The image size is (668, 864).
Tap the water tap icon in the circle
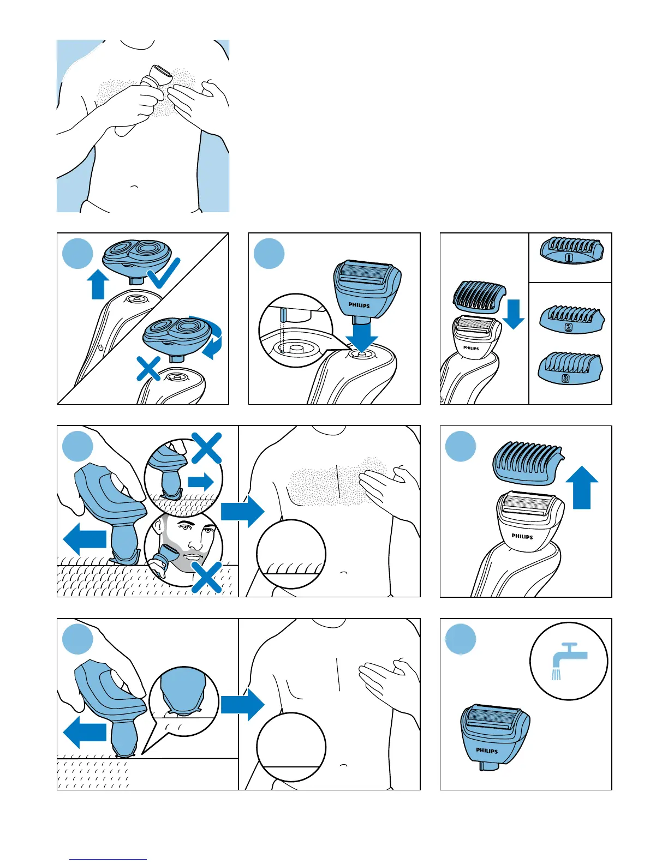coord(569,661)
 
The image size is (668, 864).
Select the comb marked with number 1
coord(571,251)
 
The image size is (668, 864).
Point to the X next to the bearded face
coord(207,576)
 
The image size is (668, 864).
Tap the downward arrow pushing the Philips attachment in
coord(361,335)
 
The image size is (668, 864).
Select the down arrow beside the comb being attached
coord(512,314)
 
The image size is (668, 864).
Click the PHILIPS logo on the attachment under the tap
coord(486,751)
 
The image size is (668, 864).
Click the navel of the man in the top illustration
coord(134,187)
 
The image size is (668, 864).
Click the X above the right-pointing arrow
coord(206,448)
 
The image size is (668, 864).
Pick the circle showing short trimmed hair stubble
coord(291,554)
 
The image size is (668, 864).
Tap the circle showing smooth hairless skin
coord(291,747)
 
